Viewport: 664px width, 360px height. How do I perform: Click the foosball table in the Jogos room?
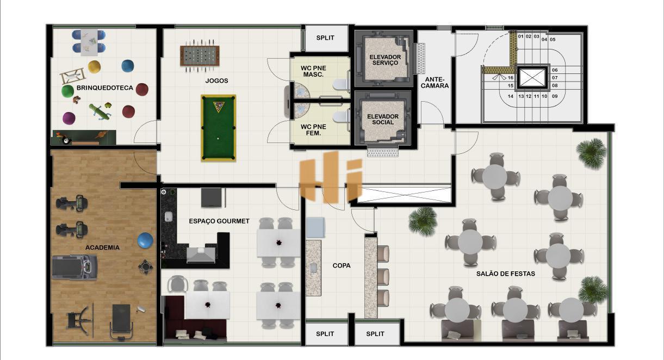click(200, 56)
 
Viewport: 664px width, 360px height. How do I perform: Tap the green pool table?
click(219, 128)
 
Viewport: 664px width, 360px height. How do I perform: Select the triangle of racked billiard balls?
click(219, 107)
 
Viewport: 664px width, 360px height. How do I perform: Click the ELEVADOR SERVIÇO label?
click(385, 60)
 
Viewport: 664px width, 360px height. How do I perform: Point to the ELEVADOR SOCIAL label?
click(383, 119)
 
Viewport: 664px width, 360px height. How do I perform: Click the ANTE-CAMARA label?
click(435, 83)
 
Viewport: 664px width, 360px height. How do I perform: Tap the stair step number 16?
click(511, 78)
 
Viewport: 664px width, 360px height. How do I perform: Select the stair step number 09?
click(555, 96)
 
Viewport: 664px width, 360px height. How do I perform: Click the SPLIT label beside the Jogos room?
click(325, 38)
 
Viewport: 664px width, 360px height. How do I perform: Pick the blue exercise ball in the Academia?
click(145, 240)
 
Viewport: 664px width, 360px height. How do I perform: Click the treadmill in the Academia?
click(75, 267)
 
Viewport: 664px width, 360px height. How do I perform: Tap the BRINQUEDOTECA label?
click(104, 88)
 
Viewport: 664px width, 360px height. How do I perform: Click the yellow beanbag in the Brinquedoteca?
click(94, 67)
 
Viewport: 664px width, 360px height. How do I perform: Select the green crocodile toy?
click(100, 111)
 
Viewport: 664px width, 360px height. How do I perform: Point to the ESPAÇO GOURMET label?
click(219, 221)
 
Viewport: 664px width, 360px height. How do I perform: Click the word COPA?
click(342, 265)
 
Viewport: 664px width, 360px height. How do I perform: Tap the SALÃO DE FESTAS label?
click(506, 274)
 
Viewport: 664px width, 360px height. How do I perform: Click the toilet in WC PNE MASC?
click(341, 84)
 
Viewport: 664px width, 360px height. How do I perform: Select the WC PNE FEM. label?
click(313, 130)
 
